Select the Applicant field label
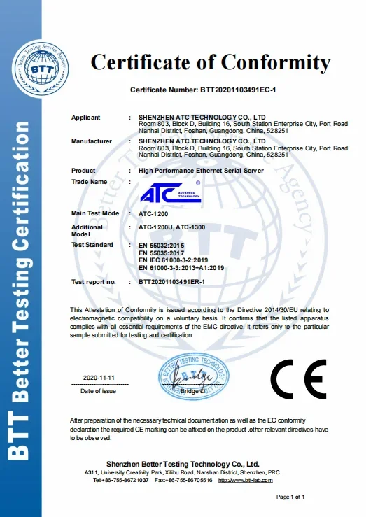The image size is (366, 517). [x=85, y=118]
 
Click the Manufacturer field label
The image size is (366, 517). [x=91, y=141]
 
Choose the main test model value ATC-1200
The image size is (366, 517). [x=154, y=213]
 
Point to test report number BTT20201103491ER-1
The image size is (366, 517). [x=181, y=281]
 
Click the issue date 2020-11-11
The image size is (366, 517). [x=99, y=378]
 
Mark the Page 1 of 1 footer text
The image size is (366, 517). [x=291, y=497]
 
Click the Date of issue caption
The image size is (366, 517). [x=99, y=391]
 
